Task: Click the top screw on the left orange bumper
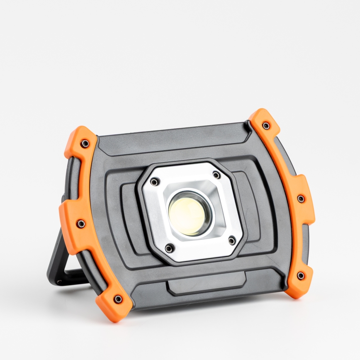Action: click(x=85, y=144)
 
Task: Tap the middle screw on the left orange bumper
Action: click(x=81, y=224)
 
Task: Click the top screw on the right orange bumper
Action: click(x=265, y=125)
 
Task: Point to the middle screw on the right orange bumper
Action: click(x=301, y=199)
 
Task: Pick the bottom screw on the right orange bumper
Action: click(x=300, y=276)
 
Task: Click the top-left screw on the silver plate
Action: click(x=155, y=182)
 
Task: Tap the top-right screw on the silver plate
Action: click(x=216, y=175)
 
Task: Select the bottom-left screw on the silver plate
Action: click(x=169, y=248)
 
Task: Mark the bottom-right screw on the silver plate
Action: click(x=232, y=241)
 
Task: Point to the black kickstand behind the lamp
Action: click(x=58, y=265)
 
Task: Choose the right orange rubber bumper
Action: click(x=290, y=199)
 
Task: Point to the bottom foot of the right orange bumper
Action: click(x=298, y=286)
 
